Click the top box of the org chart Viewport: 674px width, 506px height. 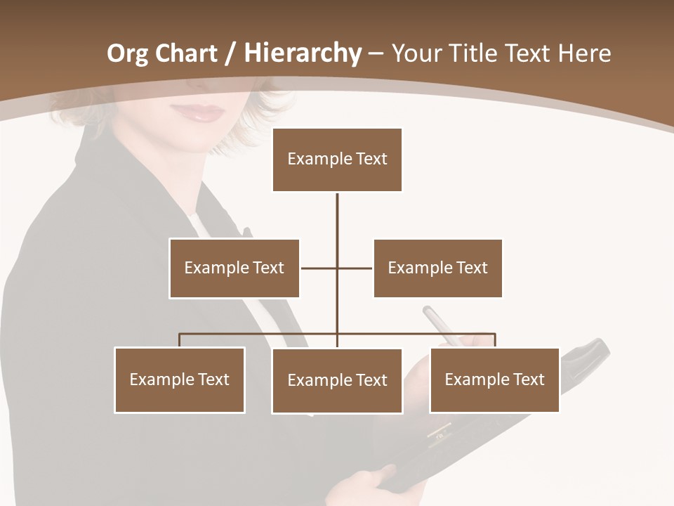click(337, 160)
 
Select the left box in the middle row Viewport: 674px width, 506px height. click(234, 268)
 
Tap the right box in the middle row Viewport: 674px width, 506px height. click(437, 268)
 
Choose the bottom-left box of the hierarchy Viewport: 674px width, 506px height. click(179, 379)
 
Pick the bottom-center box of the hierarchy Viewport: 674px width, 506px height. click(337, 380)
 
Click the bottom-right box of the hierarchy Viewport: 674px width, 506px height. click(494, 379)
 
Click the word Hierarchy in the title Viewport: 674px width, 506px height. click(303, 53)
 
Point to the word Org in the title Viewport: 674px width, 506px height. click(127, 54)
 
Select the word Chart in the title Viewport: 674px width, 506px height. click(186, 53)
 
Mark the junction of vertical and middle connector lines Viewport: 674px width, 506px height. click(337, 268)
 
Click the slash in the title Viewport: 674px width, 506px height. click(230, 54)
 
